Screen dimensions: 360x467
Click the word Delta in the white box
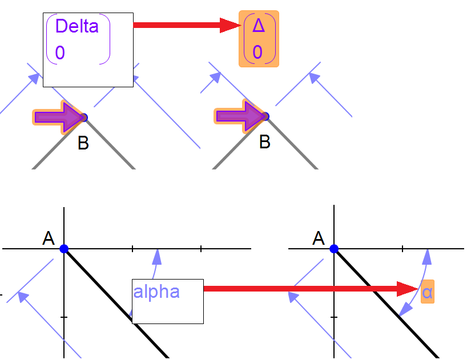[77, 26]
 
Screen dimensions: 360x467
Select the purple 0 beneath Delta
[60, 53]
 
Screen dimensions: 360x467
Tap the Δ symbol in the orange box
[258, 26]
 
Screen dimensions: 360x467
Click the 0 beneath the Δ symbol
[257, 52]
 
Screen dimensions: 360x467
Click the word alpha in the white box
[156, 292]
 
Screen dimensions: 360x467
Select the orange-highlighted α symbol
[427, 293]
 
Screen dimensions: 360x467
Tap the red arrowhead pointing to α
[409, 289]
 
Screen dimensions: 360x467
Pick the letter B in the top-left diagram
[83, 143]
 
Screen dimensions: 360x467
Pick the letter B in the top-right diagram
[264, 142]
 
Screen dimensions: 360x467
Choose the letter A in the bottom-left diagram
[49, 238]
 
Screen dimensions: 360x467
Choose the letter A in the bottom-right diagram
[319, 238]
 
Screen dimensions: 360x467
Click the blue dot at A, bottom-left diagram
[64, 249]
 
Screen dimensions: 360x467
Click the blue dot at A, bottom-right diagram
[334, 249]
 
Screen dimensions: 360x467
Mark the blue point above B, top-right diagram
[265, 117]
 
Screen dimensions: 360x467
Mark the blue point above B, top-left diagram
[84, 118]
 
